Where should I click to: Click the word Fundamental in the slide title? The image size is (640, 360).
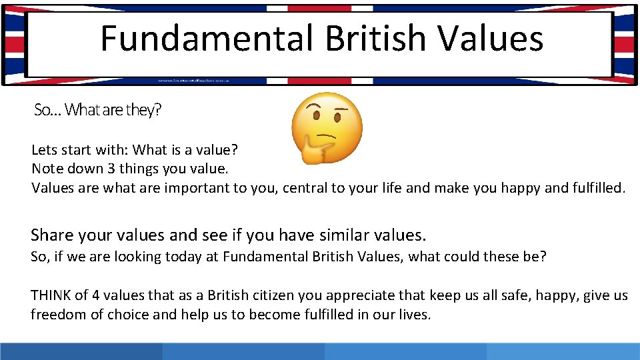(x=206, y=38)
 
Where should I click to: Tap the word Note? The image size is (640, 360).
(x=47, y=169)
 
